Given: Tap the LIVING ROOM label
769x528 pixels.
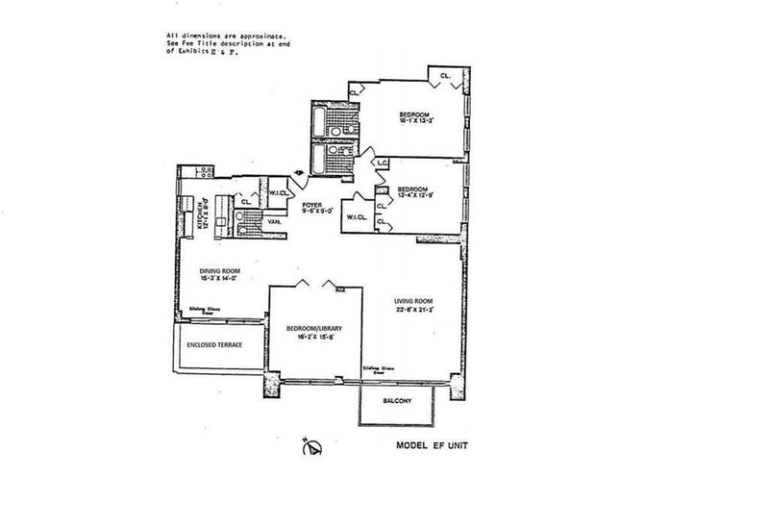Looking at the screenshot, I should [x=414, y=300].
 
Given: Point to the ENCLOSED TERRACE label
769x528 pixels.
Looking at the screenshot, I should [x=213, y=344].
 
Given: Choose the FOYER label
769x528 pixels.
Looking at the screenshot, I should [x=311, y=205].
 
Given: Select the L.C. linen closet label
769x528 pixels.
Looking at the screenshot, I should [x=383, y=164].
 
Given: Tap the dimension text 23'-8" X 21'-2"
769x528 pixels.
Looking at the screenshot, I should [x=414, y=311].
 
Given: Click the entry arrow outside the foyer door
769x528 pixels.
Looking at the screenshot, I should [x=300, y=174].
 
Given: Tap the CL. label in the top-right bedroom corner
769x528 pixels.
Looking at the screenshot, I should [x=447, y=75].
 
